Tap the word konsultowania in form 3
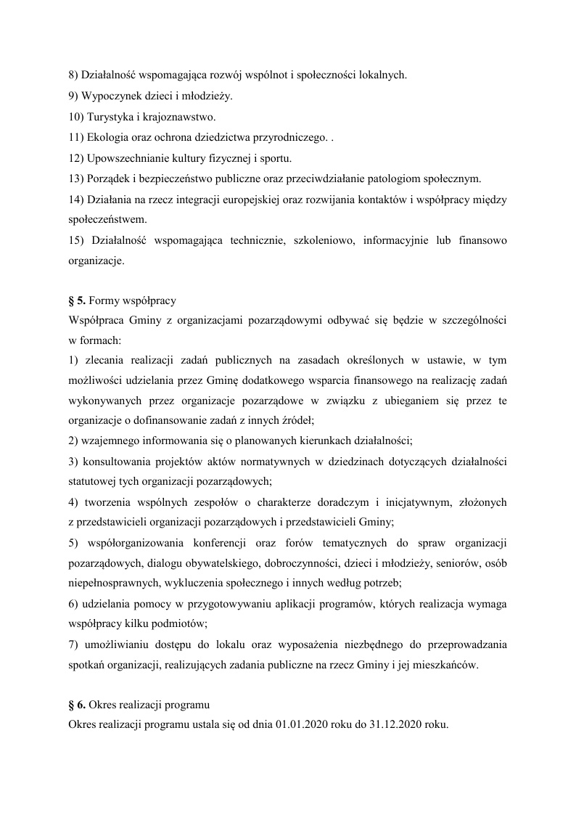click(117, 462)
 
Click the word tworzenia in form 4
click(107, 501)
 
